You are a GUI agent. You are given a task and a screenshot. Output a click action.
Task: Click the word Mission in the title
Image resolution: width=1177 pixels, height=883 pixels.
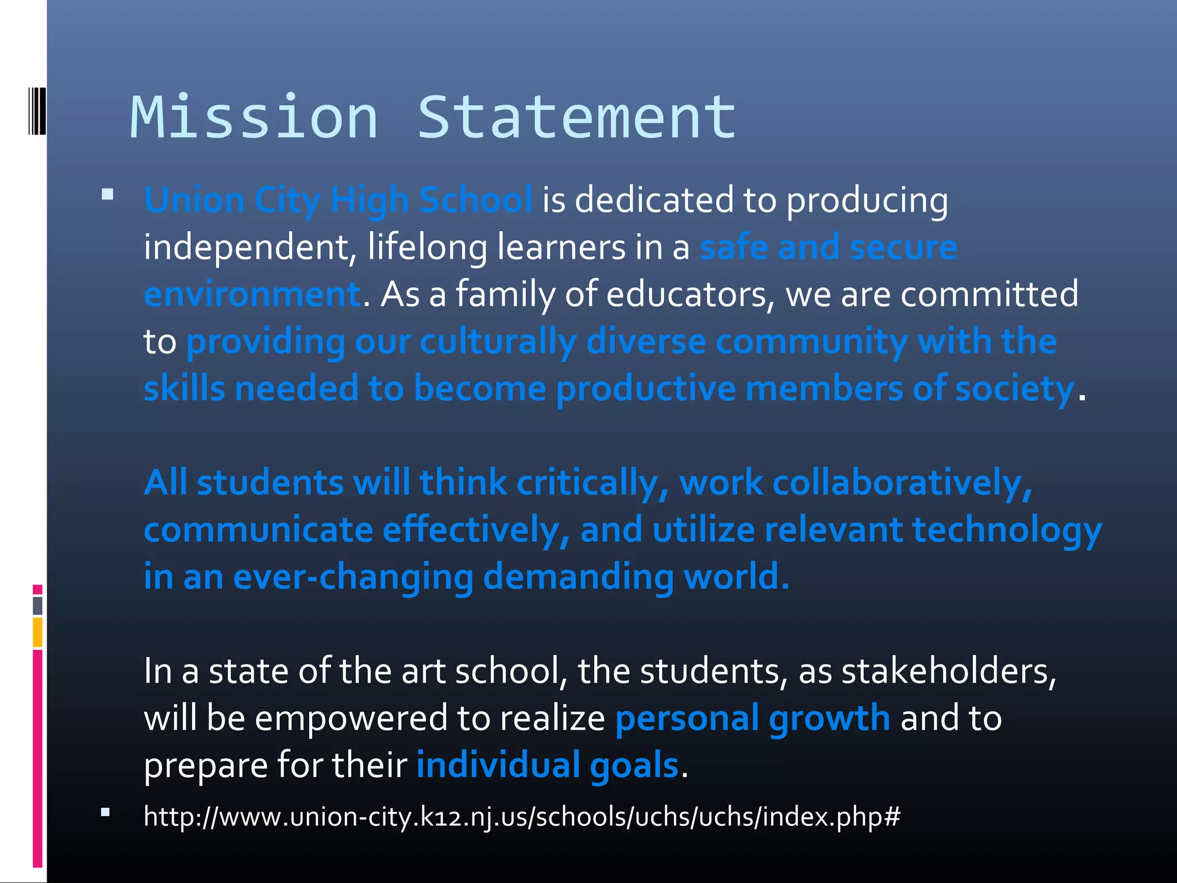coord(254,118)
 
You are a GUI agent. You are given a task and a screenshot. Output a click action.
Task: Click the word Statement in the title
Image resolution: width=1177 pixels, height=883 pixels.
coord(576,118)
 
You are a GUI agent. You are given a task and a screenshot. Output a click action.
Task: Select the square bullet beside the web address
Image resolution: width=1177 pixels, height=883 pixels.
coord(105,812)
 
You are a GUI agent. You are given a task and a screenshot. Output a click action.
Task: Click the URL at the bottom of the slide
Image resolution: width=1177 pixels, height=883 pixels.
coord(521,816)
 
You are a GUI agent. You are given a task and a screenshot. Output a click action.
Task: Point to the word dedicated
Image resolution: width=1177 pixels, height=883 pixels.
coord(654,201)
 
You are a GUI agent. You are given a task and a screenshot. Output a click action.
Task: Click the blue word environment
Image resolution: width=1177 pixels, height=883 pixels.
coord(252,294)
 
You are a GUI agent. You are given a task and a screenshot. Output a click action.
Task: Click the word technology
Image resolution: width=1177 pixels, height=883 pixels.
coord(1007,530)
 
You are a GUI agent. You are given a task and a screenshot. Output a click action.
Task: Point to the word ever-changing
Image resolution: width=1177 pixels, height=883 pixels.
coord(353,577)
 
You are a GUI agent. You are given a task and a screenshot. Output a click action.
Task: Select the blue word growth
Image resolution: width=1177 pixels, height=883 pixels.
coord(829,719)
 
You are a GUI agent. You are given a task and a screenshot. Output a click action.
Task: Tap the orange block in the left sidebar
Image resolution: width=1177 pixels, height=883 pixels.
coord(37,632)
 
